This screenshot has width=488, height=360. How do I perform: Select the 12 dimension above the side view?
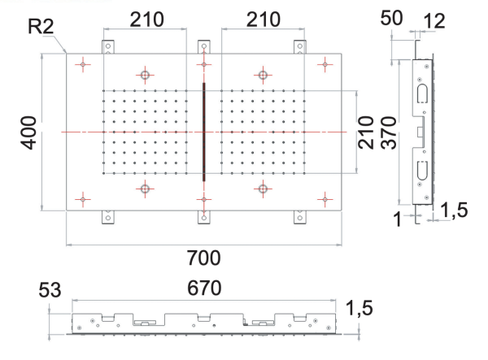point(434,18)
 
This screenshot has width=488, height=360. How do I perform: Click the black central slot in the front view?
point(203,131)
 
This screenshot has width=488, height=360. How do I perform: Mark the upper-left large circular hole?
point(145,75)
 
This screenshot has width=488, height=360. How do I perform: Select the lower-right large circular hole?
point(262,189)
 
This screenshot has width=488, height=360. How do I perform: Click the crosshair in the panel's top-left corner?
point(84,63)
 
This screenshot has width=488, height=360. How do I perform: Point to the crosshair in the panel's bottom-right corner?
point(324,198)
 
